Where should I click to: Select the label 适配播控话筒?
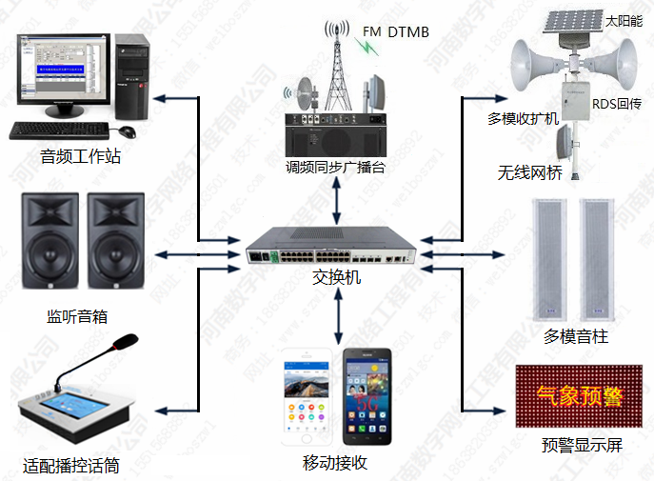(73, 467)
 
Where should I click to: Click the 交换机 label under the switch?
(337, 277)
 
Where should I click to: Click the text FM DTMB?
(396, 32)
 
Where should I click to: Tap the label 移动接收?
(335, 463)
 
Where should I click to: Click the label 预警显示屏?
(582, 445)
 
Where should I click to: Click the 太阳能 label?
(624, 19)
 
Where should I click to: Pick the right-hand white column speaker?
(597, 258)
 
